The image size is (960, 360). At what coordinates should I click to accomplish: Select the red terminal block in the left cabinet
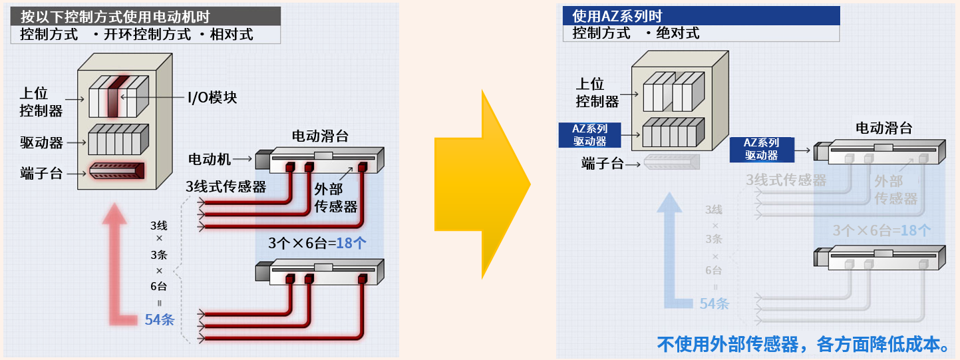pyautogui.click(x=117, y=170)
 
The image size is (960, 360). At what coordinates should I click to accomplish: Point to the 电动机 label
pyautogui.click(x=210, y=159)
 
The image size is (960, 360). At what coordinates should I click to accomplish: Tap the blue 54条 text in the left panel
pyautogui.click(x=160, y=319)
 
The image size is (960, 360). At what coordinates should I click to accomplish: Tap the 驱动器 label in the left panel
pyautogui.click(x=41, y=142)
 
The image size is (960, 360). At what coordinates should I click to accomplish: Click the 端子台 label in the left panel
pyautogui.click(x=41, y=174)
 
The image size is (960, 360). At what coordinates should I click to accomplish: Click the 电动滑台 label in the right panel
pyautogui.click(x=883, y=128)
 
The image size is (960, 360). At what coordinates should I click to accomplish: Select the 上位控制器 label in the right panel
pyautogui.click(x=597, y=92)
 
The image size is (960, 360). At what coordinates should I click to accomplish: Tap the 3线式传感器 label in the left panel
pyautogui.click(x=226, y=187)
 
